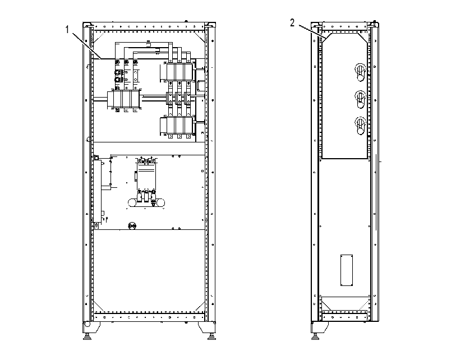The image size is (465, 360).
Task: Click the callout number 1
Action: tap(67, 29)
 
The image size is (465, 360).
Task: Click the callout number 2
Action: tap(292, 23)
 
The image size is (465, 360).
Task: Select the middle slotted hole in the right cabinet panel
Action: tap(360, 99)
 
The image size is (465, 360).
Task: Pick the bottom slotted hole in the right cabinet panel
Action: tap(360, 126)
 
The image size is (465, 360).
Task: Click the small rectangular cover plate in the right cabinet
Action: tap(347, 270)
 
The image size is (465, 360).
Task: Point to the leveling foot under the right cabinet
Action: tap(315, 336)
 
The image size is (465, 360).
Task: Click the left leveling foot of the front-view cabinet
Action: tap(87, 336)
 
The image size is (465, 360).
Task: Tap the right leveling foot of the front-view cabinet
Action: tap(211, 336)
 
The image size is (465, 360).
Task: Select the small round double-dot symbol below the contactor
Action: tap(132, 226)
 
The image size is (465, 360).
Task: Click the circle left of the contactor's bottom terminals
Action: tap(132, 203)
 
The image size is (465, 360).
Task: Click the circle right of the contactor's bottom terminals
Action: tap(160, 203)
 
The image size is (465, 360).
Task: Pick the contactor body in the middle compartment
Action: tap(146, 177)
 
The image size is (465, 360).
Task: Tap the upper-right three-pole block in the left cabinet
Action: tap(179, 72)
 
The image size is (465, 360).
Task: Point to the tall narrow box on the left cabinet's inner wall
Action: tap(97, 191)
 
